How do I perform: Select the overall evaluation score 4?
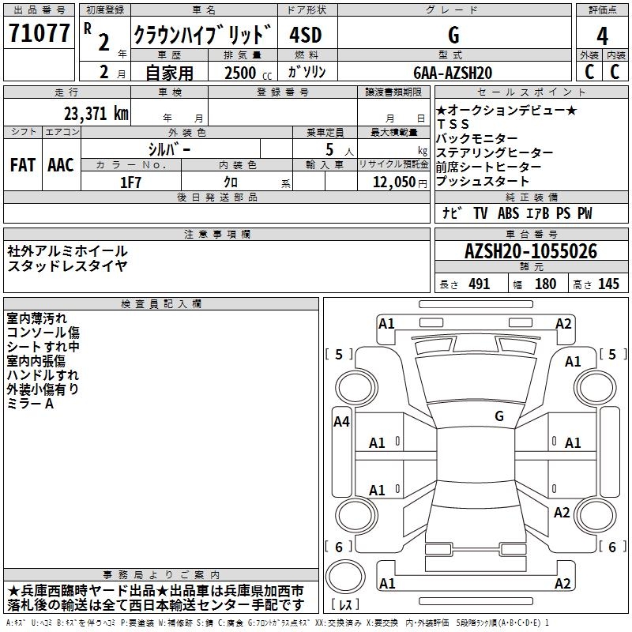pyautogui.click(x=602, y=36)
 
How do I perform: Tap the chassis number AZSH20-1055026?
pyautogui.click(x=531, y=252)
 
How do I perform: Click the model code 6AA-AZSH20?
pyautogui.click(x=452, y=73)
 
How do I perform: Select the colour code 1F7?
pyautogui.click(x=131, y=182)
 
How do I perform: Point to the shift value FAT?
pyautogui.click(x=23, y=165)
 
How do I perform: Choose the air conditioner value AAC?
pyautogui.click(x=61, y=165)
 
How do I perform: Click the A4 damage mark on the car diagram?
pyautogui.click(x=341, y=422)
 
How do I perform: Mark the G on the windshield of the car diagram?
pyautogui.click(x=498, y=416)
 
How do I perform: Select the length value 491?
pyautogui.click(x=478, y=284)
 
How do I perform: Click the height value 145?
pyautogui.click(x=608, y=284)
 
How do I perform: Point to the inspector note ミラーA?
pyautogui.click(x=31, y=404)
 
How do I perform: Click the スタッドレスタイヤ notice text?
pyautogui.click(x=67, y=265)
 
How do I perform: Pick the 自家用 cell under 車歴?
pyautogui.click(x=168, y=73)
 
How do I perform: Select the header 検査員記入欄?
pyautogui.click(x=161, y=303)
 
